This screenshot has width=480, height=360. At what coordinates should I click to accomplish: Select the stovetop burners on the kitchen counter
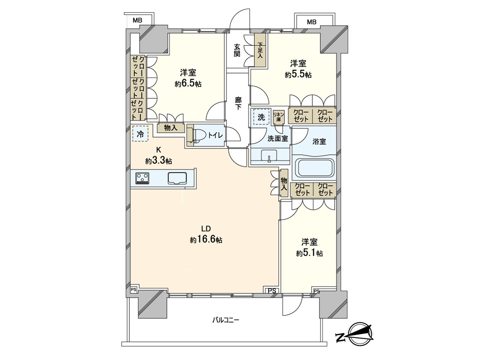142,178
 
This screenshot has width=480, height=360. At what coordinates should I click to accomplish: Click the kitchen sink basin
177,178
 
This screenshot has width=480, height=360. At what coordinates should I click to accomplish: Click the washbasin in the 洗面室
269,156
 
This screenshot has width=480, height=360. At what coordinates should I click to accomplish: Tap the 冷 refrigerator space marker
140,134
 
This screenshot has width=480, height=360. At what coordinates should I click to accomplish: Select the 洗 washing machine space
261,117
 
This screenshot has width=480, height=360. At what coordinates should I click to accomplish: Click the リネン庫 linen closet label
278,117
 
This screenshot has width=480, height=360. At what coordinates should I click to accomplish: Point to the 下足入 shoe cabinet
260,50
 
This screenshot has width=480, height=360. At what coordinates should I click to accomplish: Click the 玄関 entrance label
237,50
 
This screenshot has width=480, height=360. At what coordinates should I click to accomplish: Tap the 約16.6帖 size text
206,240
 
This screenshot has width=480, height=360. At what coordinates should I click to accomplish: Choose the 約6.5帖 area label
188,84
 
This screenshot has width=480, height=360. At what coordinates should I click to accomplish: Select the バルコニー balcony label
226,320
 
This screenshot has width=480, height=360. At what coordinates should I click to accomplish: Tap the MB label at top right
312,22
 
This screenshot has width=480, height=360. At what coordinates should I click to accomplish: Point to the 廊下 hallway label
238,103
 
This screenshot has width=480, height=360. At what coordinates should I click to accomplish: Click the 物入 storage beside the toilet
171,128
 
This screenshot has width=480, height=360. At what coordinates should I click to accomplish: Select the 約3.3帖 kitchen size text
158,161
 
